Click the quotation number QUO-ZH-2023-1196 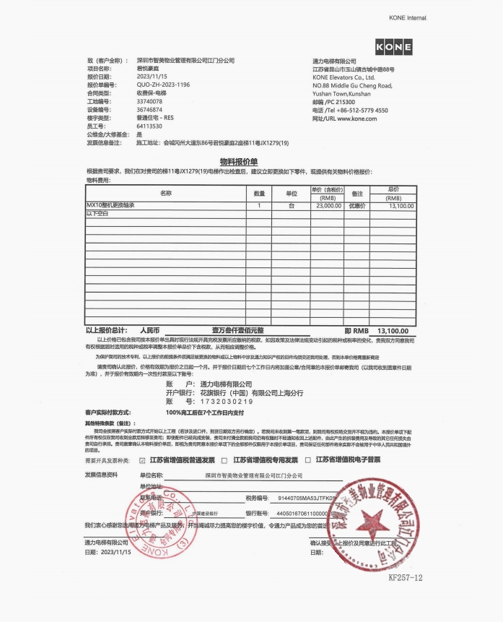[x=163, y=85]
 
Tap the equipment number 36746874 [x=149, y=110]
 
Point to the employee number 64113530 [x=149, y=126]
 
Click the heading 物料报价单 [x=243, y=162]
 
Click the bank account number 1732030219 [x=226, y=401]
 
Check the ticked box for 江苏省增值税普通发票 [x=142, y=460]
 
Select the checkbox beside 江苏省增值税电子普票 [x=308, y=460]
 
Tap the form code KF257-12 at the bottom [x=405, y=578]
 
